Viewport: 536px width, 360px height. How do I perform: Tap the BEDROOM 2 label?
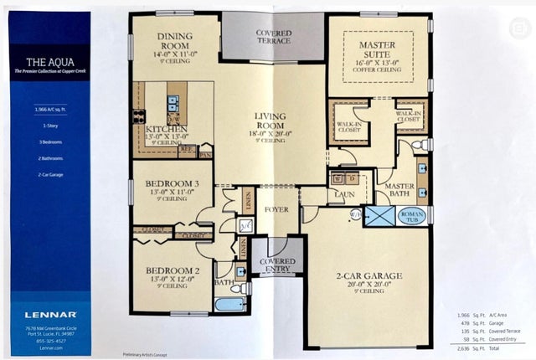coord(171,270)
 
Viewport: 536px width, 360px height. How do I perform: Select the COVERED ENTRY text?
coord(276,265)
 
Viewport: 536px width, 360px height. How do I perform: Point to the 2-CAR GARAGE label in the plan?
coord(369,275)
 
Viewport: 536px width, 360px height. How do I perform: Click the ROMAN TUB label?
coord(412,215)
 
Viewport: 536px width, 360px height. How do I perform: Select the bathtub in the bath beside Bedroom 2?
coord(230,304)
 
